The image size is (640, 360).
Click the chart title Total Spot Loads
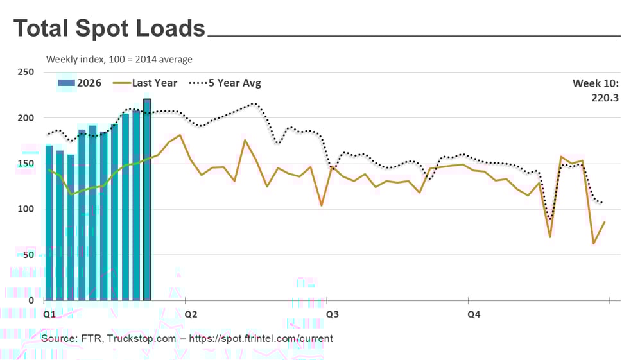[109, 29]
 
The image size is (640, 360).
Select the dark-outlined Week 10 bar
[147, 199]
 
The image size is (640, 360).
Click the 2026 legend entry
[80, 83]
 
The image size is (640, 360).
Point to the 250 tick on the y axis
[26, 72]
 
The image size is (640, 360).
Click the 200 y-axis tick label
[26, 118]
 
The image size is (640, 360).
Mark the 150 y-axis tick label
[26, 164]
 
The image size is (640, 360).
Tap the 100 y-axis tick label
[26, 209]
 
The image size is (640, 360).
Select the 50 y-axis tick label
[28, 255]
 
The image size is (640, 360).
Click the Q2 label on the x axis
[191, 314]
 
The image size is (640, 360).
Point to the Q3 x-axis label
[333, 314]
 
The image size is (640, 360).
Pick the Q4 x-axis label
[474, 314]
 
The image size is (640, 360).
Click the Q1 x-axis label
[49, 314]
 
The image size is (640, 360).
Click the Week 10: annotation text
[595, 83]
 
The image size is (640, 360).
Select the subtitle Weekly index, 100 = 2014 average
[119, 60]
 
